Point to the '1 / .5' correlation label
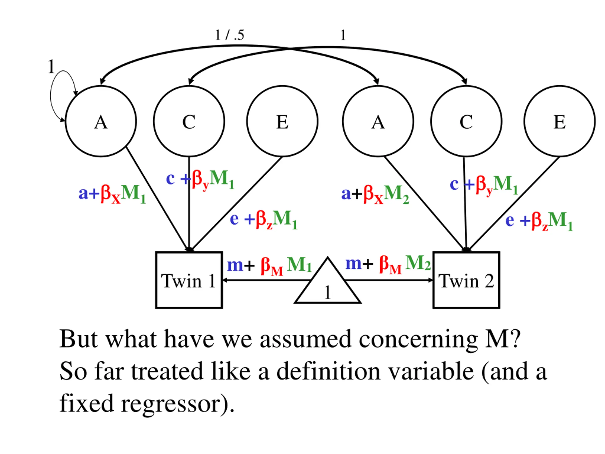coord(229,35)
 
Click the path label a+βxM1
coord(112,194)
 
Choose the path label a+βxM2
coord(375,194)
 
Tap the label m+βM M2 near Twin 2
coord(388,264)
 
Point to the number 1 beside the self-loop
coord(51,66)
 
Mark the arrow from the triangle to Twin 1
coord(267,280)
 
